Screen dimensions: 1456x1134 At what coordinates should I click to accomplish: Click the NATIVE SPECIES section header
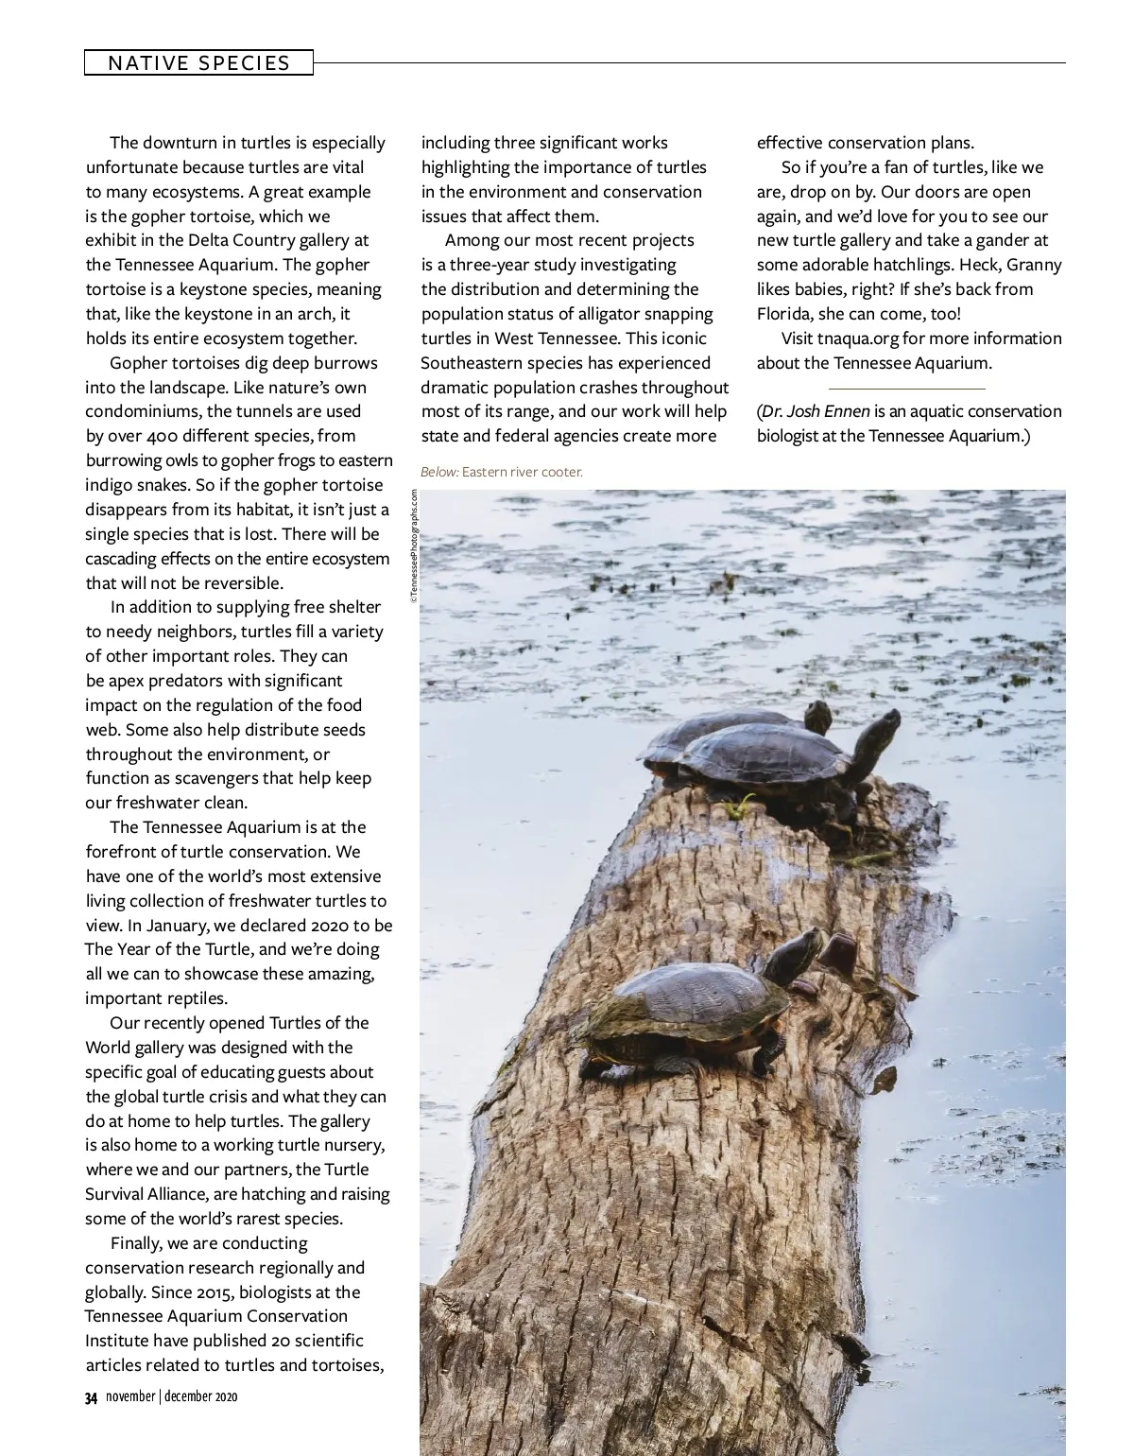click(x=198, y=63)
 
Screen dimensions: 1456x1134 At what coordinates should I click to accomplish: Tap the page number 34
click(x=92, y=1397)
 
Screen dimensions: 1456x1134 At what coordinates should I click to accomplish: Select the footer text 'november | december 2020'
click(x=172, y=1396)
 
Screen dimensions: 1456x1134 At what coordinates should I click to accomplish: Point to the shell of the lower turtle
click(x=688, y=996)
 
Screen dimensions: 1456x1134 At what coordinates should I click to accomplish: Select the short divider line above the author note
click(x=906, y=388)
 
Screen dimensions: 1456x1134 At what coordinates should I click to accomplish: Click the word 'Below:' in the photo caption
click(x=439, y=471)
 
